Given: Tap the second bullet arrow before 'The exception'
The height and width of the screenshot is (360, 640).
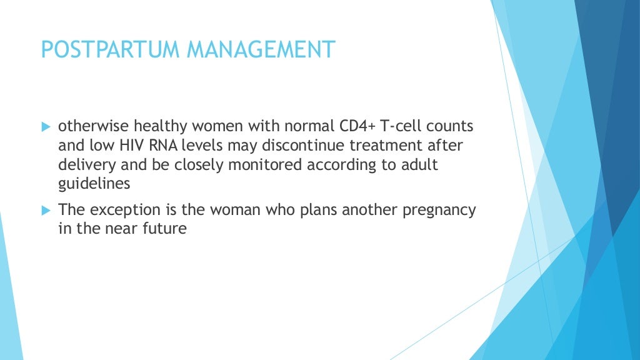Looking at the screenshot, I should [45, 211].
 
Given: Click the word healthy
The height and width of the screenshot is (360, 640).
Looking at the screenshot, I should [149, 126].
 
